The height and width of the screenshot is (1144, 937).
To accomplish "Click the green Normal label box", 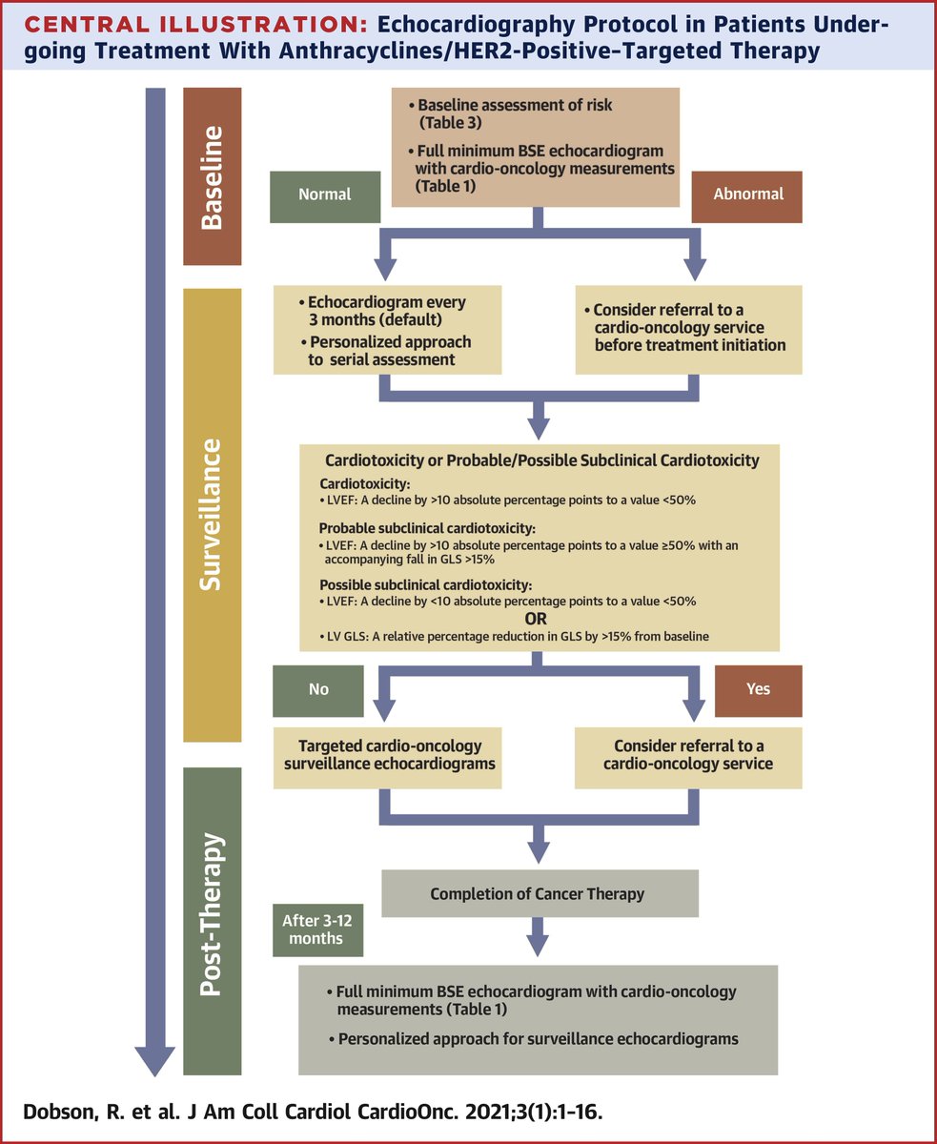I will point(325,194).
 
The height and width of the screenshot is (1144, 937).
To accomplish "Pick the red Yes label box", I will point(758,689).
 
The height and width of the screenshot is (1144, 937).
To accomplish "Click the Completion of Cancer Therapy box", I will point(539,893).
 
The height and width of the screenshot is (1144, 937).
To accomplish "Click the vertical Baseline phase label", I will point(213,176).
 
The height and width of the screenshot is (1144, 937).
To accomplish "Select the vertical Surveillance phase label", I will point(213,515).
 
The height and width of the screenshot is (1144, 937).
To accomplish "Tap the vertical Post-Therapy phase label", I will point(213,915).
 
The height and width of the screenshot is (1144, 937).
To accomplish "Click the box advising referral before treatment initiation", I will point(688,328).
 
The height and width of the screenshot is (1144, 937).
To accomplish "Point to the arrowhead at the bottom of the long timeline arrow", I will point(153,1058).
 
